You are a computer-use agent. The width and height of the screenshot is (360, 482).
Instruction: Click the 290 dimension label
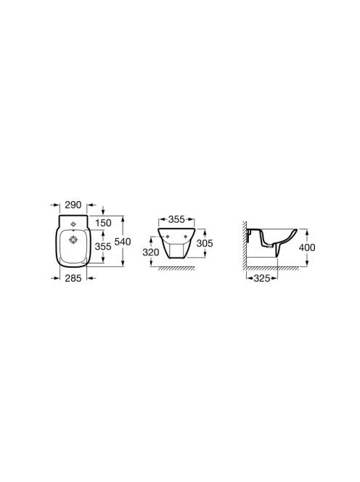[73, 205]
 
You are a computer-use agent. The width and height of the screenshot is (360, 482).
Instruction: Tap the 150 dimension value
[103, 223]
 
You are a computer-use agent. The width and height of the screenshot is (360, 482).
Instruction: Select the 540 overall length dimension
[123, 242]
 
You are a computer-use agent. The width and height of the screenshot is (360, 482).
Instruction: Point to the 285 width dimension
[73, 278]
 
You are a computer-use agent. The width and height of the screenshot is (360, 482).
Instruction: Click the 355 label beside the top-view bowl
[103, 246]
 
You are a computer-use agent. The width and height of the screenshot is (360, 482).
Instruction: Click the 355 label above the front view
[177, 219]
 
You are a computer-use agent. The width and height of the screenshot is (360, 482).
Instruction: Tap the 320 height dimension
[151, 252]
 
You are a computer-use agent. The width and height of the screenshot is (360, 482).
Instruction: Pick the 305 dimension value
[205, 243]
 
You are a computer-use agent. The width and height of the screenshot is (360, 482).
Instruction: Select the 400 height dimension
[307, 247]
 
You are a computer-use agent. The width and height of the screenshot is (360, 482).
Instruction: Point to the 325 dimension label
[262, 278]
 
